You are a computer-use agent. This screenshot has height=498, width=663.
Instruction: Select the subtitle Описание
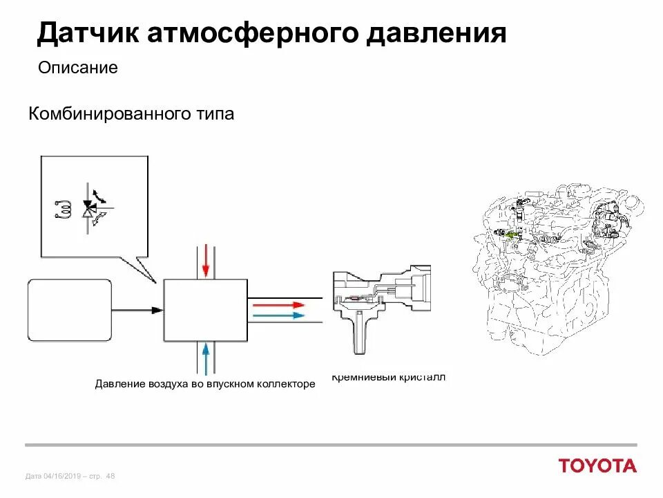coord(78,68)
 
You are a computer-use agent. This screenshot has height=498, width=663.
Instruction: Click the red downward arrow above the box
coord(204,261)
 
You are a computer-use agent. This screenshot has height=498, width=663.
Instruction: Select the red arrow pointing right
coord(276,304)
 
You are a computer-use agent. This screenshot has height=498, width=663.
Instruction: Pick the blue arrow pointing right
coord(276,315)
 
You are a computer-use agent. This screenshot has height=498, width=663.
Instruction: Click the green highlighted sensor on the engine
coord(510,234)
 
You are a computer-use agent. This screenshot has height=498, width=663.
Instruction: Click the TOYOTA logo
coord(598,465)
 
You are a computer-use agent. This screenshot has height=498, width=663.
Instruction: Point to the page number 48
coord(111,476)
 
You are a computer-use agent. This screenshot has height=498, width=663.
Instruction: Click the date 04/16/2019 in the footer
coord(62,476)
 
